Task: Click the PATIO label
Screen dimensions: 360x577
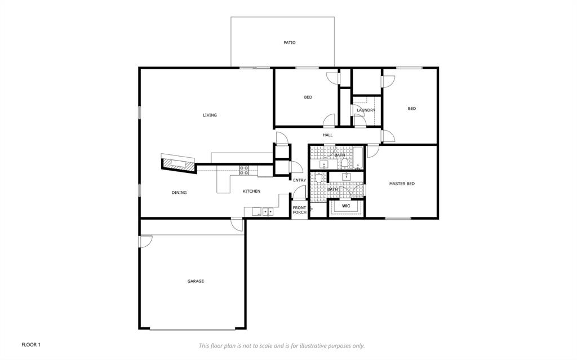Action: pyautogui.click(x=289, y=43)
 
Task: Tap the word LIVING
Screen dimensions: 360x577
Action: pyautogui.click(x=210, y=115)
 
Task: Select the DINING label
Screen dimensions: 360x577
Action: pyautogui.click(x=179, y=193)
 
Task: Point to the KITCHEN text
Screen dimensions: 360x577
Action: pyautogui.click(x=251, y=192)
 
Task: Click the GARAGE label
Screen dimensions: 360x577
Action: pyautogui.click(x=196, y=281)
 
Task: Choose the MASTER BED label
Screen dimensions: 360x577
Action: pyautogui.click(x=402, y=184)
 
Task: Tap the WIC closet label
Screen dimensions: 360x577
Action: pyautogui.click(x=346, y=206)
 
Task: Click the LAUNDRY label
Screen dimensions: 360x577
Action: pyautogui.click(x=366, y=110)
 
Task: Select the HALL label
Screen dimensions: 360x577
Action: pyautogui.click(x=327, y=135)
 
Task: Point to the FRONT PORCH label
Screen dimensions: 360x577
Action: pyautogui.click(x=299, y=210)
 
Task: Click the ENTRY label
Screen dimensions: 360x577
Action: pyautogui.click(x=299, y=180)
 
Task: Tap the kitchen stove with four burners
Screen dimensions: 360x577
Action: pyautogui.click(x=245, y=169)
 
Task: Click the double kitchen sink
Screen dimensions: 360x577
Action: pyautogui.click(x=267, y=212)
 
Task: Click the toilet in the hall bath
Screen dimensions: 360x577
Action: pyautogui.click(x=343, y=164)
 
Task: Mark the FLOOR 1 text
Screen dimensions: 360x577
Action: pyautogui.click(x=31, y=344)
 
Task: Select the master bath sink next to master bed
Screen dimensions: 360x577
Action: pyautogui.click(x=346, y=176)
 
